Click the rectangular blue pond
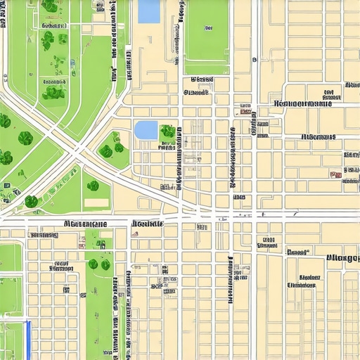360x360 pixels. point(149,11)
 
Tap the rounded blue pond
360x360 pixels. point(146,130)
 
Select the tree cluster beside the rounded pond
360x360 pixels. point(167,131)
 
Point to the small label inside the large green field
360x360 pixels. point(208,29)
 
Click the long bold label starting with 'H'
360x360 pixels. point(302,103)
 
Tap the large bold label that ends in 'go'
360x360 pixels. point(343,258)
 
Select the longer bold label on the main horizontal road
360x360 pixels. point(86,224)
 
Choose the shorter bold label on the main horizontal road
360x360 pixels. point(147,224)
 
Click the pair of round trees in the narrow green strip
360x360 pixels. point(99,264)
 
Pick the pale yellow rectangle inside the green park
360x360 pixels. point(96,202)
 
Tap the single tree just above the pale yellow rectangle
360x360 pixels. point(93,186)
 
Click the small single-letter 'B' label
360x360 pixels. point(255,60)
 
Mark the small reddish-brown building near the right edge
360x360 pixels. point(336,174)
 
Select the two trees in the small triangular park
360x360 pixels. point(111,144)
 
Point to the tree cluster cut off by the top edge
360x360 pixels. point(51,6)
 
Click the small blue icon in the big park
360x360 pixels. point(72,63)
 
